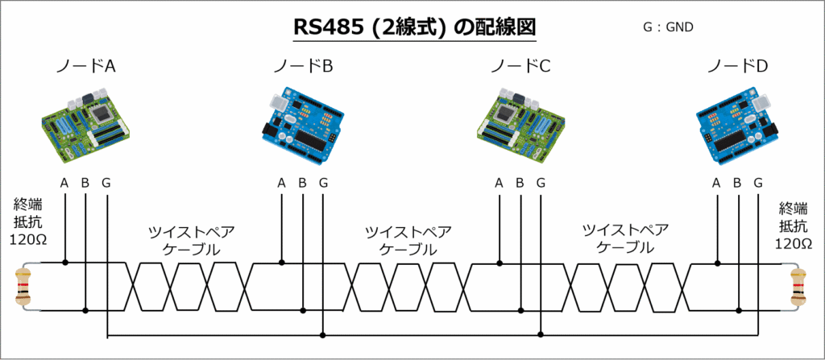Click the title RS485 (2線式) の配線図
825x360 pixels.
coord(412,27)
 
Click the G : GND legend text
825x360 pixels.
coord(668,27)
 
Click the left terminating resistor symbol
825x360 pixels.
coord(23,287)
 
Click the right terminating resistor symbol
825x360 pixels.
coord(799,287)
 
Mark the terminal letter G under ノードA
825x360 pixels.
coord(106,183)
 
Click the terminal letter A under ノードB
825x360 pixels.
coord(281,183)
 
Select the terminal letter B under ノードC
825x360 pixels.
coord(520,183)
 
